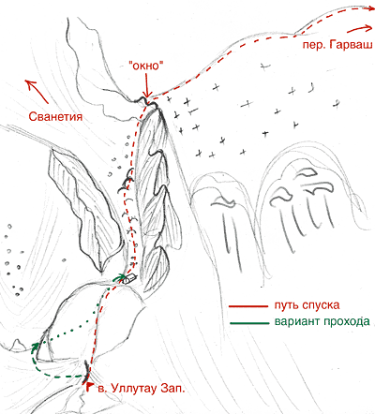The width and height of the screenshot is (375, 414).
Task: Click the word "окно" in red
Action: coord(146,66)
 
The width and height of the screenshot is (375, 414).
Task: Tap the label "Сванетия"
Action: coord(55,117)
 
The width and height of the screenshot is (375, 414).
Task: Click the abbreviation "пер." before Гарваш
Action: coord(315,46)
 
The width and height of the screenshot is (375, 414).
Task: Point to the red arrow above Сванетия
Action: coord(37,91)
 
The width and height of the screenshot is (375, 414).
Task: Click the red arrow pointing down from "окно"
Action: coord(146,85)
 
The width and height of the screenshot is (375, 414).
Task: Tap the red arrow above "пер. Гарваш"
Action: coord(359,28)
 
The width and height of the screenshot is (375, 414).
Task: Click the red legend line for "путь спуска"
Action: coord(248,306)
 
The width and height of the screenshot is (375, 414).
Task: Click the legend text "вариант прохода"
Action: coord(322,321)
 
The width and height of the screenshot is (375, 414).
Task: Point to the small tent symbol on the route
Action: coord(129,278)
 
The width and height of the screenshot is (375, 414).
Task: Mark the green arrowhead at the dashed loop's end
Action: coord(36,346)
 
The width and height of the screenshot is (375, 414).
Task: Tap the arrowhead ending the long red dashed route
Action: coord(370,8)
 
